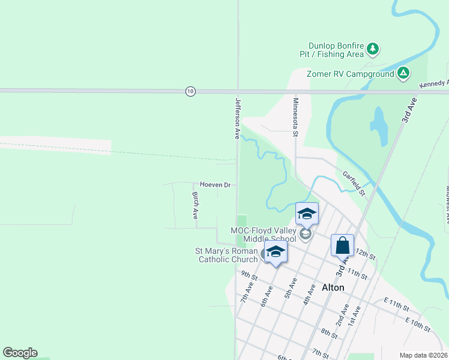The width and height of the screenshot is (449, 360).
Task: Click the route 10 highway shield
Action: [x=190, y=91]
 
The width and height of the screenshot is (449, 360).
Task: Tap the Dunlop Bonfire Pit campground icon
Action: [x=373, y=48]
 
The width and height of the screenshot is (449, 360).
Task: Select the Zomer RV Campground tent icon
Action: [x=403, y=74]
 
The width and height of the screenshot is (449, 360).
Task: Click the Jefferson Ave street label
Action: [x=238, y=118]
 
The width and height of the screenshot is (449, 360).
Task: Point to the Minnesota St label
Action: [x=295, y=118]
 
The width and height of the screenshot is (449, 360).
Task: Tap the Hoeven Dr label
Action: [x=215, y=185]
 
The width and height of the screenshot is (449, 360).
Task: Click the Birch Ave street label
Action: [x=195, y=205]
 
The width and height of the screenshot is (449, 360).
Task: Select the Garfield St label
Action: [x=354, y=184]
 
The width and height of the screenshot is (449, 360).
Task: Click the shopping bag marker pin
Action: [x=342, y=245]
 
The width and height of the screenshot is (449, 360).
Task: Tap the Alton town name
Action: [x=333, y=287]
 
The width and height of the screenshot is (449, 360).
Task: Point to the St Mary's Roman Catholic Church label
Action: [x=226, y=255]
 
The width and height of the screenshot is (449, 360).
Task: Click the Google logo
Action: [x=20, y=353]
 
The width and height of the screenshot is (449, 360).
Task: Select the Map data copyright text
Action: [x=423, y=355]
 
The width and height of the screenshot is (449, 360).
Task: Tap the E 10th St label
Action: [x=417, y=325]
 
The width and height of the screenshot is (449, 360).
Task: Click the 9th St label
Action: [x=249, y=277]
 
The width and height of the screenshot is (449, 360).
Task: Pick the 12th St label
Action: [x=365, y=254]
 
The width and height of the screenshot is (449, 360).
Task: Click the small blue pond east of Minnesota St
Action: [x=379, y=125]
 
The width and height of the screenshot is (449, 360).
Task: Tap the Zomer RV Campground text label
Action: [x=351, y=74]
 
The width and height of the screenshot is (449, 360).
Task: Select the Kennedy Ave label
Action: [x=435, y=83]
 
